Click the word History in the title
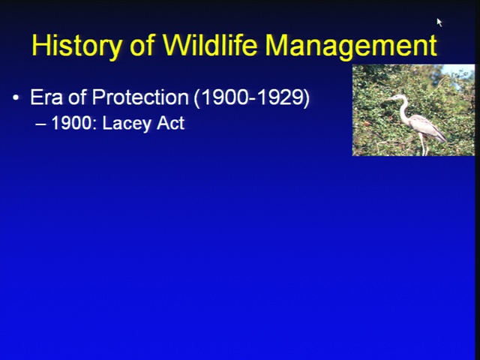coord(76,45)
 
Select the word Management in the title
coord(351,45)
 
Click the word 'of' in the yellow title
coord(142,45)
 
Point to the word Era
coord(46,97)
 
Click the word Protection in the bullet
coord(140,97)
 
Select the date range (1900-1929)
coord(252,98)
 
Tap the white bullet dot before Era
coord(16,98)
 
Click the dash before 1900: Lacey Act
coord(40,124)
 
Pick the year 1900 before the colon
coord(71,123)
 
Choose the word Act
coord(170,123)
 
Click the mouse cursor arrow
coord(439,22)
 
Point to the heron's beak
coord(389,98)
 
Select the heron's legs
coord(424,145)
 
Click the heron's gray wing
coord(427,126)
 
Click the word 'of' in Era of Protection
coord(77,97)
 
